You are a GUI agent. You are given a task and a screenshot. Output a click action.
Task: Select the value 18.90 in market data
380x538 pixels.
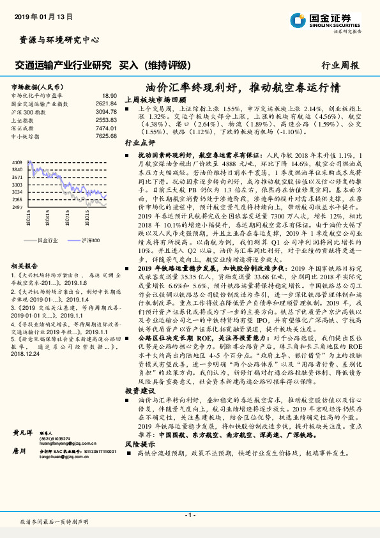[x=110, y=95]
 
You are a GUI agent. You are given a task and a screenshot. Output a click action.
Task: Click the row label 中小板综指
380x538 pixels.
[x=26, y=136]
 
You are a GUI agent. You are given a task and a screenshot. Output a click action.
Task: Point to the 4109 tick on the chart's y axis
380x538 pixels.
[x=17, y=163]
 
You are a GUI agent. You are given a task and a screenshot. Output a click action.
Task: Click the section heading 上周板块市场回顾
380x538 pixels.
[x=155, y=100]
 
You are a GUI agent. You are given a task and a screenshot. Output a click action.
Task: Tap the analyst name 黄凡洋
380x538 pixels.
[x=23, y=434]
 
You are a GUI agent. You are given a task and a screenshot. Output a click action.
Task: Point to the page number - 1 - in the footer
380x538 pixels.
[x=190, y=514]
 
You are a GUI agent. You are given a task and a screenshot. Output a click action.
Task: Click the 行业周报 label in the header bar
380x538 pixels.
[x=340, y=65]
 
